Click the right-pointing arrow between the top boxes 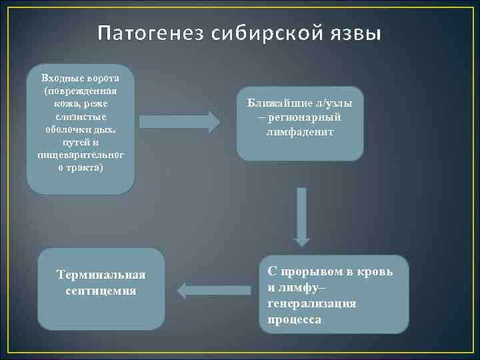click(x=179, y=121)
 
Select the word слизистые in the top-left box click(x=81, y=116)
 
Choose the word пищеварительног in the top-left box click(x=81, y=153)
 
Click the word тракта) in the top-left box click(x=85, y=166)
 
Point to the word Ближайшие click(x=279, y=103)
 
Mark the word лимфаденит click(x=300, y=131)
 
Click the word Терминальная click(x=101, y=276)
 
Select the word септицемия click(x=101, y=291)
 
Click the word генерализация click(x=311, y=304)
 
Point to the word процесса click(x=294, y=319)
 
